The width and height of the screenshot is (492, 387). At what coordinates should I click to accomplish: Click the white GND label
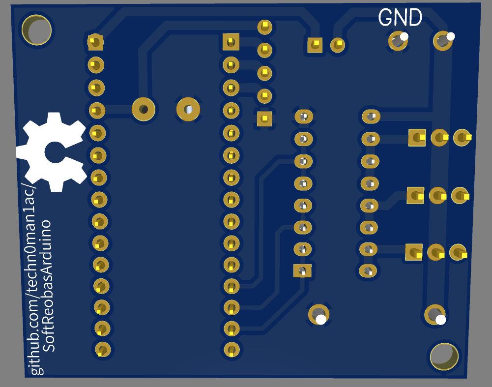pos(400,18)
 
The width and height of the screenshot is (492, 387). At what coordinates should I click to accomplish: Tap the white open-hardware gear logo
pos(51,152)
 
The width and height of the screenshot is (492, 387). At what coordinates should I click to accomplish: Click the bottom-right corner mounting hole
pos(444,356)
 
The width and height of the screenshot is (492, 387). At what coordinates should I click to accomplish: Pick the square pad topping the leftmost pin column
pos(95,42)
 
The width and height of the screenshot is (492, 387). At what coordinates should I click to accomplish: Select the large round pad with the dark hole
pos(144,109)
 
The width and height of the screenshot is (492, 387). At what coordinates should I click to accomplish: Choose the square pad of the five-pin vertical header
pos(264,118)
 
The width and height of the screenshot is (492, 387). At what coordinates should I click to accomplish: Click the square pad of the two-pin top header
pos(315,45)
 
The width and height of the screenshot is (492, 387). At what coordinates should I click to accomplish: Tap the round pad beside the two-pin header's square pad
pos(338,45)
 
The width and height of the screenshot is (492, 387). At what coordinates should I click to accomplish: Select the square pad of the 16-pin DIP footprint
pos(302,270)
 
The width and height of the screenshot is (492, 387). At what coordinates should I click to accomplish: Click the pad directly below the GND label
pos(398,41)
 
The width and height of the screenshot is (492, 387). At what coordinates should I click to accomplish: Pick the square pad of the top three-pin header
pos(417,138)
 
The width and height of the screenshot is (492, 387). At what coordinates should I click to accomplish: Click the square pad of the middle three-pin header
pos(415,195)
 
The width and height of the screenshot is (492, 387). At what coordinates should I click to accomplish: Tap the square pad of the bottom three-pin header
pos(413,252)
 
